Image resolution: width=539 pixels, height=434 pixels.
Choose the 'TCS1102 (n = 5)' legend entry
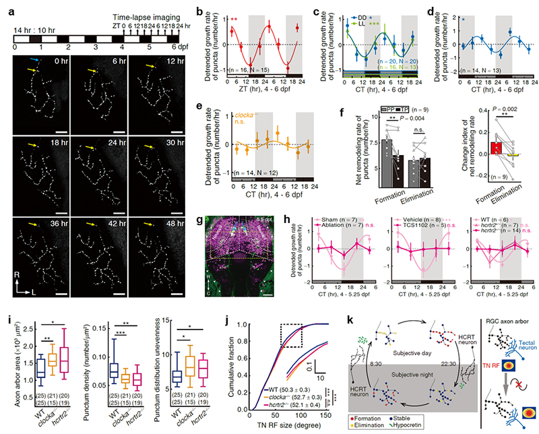(410, 227)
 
